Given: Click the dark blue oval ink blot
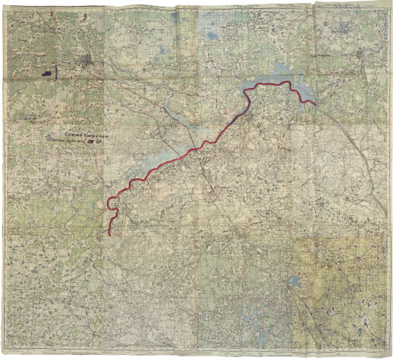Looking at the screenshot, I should pos(46,73).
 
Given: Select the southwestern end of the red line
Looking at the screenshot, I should pos(110,233).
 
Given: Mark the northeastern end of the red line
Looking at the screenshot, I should pos(315,105).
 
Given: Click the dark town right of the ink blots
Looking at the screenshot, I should pos(89,64).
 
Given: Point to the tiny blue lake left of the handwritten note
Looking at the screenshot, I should pos(48,136).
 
